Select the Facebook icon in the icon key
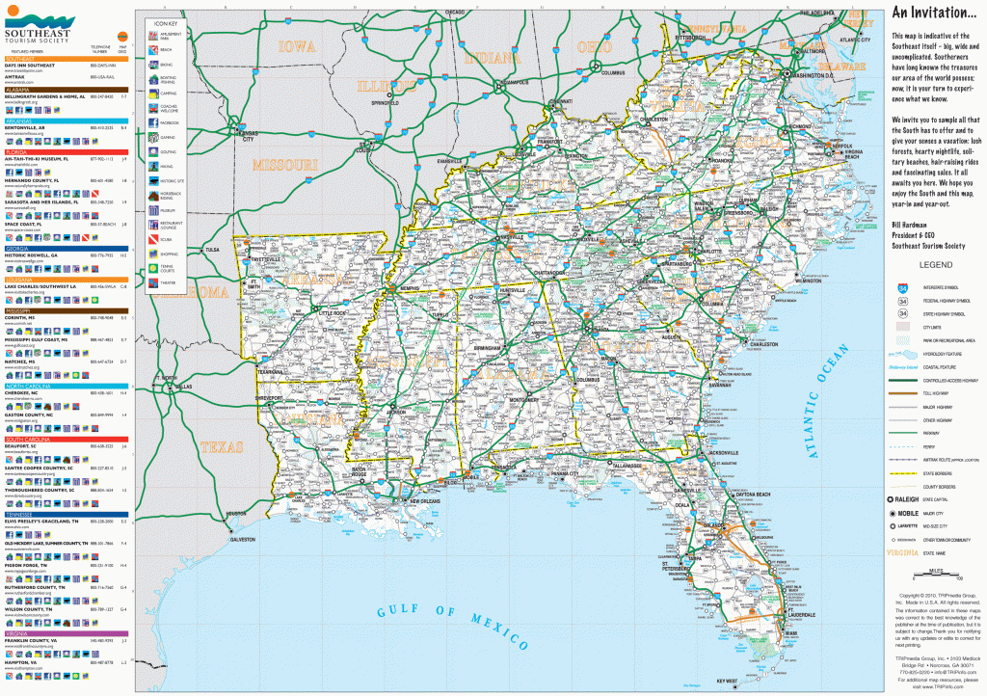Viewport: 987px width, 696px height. tap(152, 123)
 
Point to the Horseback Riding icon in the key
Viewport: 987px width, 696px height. tap(152, 195)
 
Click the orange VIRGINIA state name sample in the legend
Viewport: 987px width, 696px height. tap(904, 552)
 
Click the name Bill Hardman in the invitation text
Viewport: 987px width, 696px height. tap(909, 223)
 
